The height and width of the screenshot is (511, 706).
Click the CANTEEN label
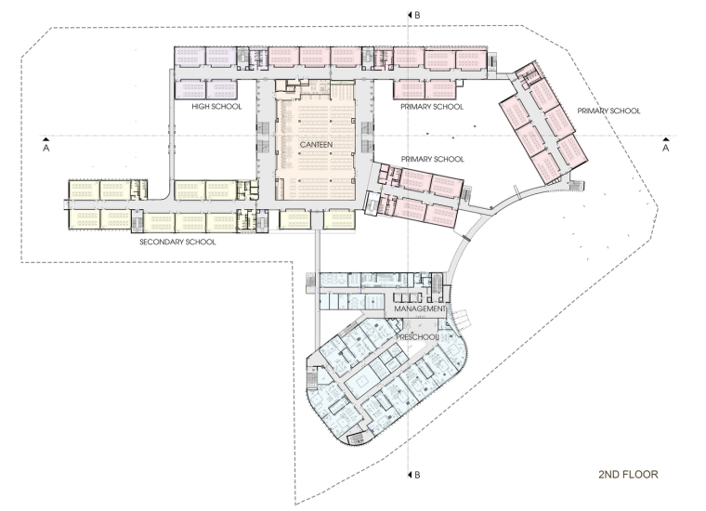click(x=316, y=145)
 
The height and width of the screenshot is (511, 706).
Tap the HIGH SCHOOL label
click(x=216, y=107)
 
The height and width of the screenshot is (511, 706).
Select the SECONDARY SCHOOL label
click(x=177, y=242)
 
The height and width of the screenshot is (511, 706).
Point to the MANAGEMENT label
click(x=420, y=308)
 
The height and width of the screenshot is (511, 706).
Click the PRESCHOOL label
click(x=417, y=337)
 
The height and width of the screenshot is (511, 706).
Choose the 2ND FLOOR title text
click(x=628, y=474)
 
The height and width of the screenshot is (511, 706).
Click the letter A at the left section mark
click(x=46, y=148)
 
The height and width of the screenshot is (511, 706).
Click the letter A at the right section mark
click(x=665, y=148)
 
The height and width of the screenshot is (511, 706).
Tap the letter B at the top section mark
click(x=417, y=15)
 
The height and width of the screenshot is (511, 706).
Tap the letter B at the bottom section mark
click(x=417, y=475)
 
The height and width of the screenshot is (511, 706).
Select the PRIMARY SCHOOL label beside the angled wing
click(x=608, y=111)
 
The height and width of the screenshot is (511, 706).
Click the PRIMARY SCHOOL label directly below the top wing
click(x=432, y=107)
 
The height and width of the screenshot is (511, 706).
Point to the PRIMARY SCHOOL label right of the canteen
click(x=432, y=160)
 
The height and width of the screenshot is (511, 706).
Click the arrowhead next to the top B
click(x=410, y=15)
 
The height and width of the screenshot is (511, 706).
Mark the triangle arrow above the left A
click(x=46, y=140)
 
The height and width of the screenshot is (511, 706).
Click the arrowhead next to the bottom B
click(x=410, y=475)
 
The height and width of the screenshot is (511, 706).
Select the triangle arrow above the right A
click(x=665, y=140)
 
